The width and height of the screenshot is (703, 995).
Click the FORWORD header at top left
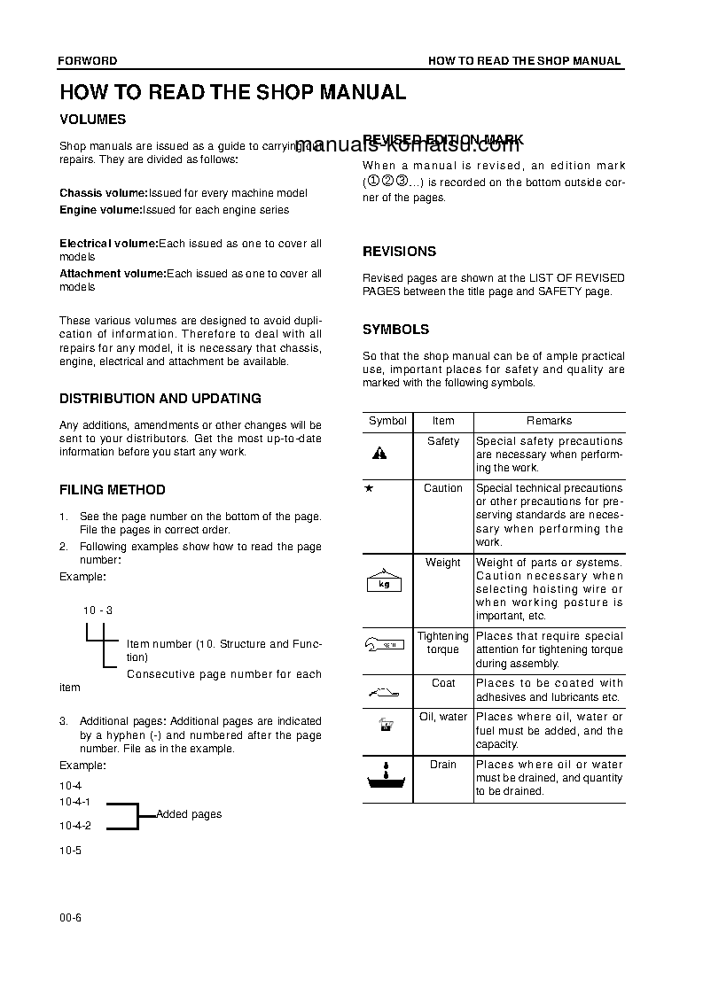[88, 61]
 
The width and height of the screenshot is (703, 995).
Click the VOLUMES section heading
[92, 119]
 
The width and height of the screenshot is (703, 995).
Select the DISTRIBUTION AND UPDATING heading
[160, 399]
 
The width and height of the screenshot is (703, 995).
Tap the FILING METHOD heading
[112, 489]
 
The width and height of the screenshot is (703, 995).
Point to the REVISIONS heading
[399, 252]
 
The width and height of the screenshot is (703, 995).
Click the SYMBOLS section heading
[395, 330]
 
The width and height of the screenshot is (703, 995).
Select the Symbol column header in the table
[387, 422]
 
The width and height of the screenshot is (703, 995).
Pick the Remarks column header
[549, 422]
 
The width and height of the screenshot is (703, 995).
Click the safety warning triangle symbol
[379, 454]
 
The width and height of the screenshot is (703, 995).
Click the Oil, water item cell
[442, 717]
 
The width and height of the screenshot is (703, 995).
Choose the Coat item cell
[443, 683]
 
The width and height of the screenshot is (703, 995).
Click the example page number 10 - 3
[98, 610]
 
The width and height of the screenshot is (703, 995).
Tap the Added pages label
[189, 814]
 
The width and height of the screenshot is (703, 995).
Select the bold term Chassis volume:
[104, 193]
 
